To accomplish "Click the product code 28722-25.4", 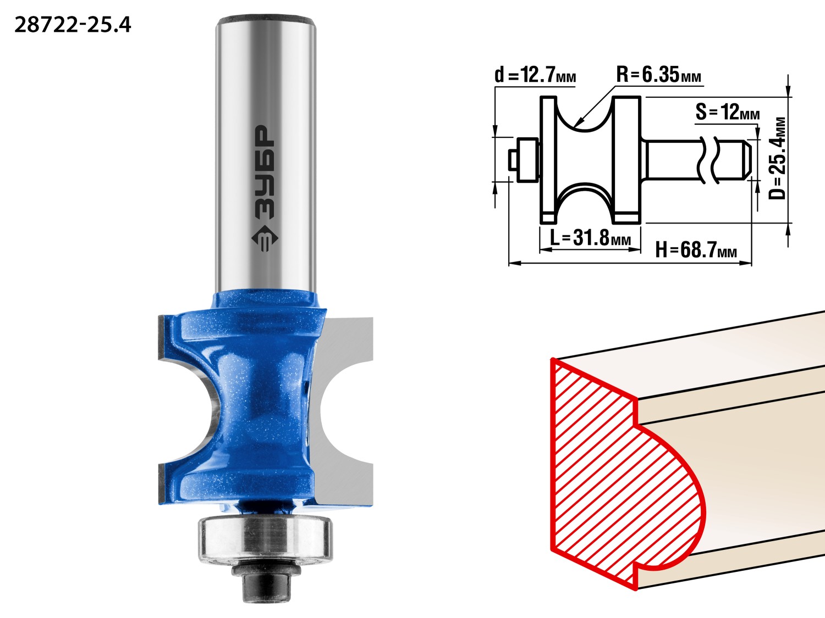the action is [73, 25].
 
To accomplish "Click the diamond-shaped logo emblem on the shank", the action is [265, 238].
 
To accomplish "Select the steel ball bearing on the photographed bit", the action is [265, 541].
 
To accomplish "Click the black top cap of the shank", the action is [266, 19].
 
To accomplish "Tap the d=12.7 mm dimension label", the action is [535, 76].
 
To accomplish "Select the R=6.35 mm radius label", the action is [658, 75].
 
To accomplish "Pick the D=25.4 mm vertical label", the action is [777, 158].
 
